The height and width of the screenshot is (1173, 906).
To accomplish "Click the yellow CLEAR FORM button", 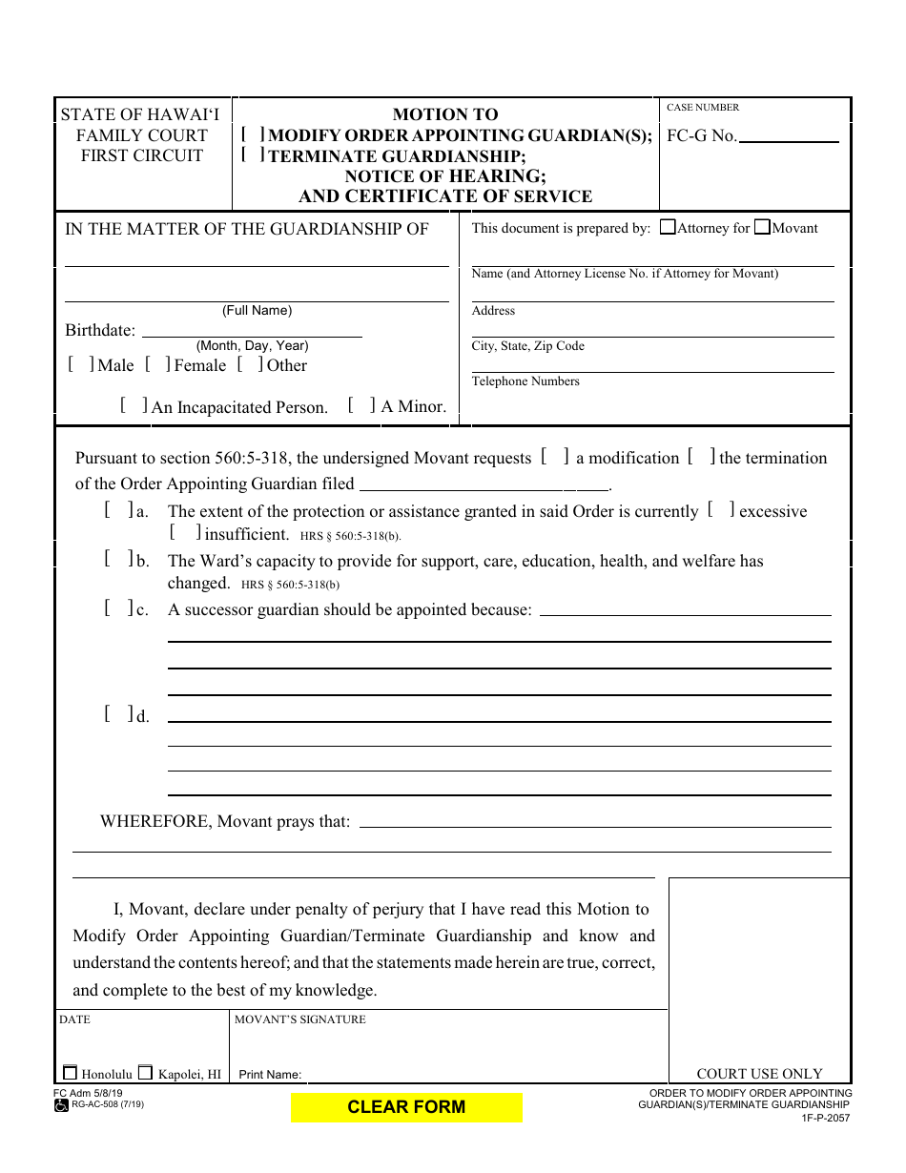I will point(406,1107).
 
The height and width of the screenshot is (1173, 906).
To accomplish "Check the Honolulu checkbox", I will point(70,1073).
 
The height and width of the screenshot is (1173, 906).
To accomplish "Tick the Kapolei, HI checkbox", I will point(145,1073).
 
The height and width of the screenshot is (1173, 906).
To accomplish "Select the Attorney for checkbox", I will point(668,228).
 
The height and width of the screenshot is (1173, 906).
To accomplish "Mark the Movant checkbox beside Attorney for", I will point(762,228).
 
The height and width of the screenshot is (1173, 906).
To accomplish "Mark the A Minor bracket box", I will point(361,405).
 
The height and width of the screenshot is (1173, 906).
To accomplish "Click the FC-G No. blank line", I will point(789,137).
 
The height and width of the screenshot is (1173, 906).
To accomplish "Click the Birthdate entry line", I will point(252,331).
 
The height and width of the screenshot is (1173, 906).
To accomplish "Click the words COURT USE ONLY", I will point(759,1074).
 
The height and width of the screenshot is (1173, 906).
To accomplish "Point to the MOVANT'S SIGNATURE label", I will point(300,1019).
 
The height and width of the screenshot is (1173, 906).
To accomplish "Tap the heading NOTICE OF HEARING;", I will point(445,176).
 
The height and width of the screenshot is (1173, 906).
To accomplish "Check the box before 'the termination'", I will point(701,457).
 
